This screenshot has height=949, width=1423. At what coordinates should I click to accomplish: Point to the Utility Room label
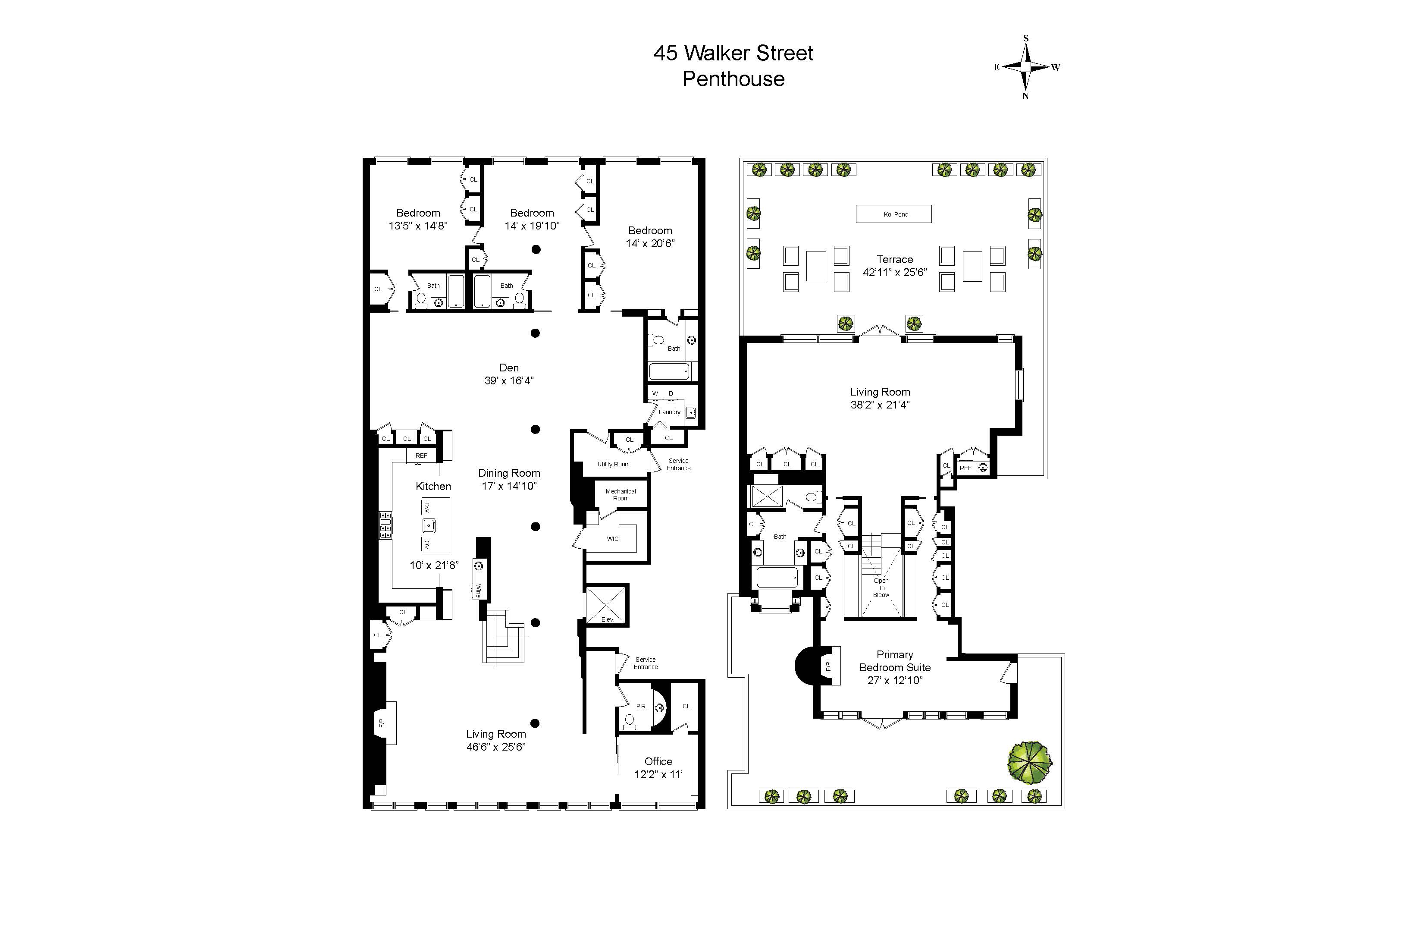(x=614, y=464)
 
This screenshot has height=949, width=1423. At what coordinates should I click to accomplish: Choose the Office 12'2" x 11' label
(x=658, y=767)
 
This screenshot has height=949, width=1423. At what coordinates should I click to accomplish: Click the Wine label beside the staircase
(x=479, y=590)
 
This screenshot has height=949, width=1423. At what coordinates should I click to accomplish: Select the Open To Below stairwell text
(x=881, y=588)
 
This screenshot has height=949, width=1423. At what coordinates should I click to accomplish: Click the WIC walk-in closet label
(x=612, y=539)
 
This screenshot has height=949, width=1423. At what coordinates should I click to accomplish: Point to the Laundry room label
(x=669, y=412)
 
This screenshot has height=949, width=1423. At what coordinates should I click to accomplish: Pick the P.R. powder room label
(x=641, y=706)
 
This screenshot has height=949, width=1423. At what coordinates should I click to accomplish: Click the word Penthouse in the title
(x=733, y=79)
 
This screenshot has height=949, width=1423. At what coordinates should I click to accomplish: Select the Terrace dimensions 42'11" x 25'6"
(x=895, y=272)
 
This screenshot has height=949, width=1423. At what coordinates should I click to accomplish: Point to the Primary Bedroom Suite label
(x=895, y=667)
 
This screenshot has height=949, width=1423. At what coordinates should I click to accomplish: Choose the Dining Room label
(x=509, y=473)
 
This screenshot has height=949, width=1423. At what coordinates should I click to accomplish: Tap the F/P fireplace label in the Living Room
(x=382, y=723)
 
